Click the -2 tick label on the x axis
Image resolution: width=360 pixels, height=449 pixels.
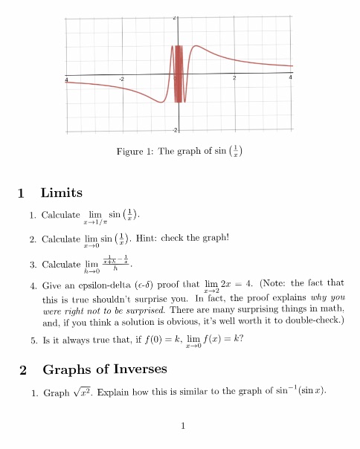[123, 80]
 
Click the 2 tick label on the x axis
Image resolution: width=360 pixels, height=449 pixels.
[234, 79]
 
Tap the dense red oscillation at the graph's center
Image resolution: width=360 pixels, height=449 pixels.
[178, 74]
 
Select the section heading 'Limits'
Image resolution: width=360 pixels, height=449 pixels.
[61, 193]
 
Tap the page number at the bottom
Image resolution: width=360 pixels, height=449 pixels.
[181, 426]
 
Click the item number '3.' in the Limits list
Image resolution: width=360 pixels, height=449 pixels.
[33, 265]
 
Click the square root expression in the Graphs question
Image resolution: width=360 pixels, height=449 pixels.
[80, 391]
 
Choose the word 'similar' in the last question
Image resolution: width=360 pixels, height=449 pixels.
[193, 391]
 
